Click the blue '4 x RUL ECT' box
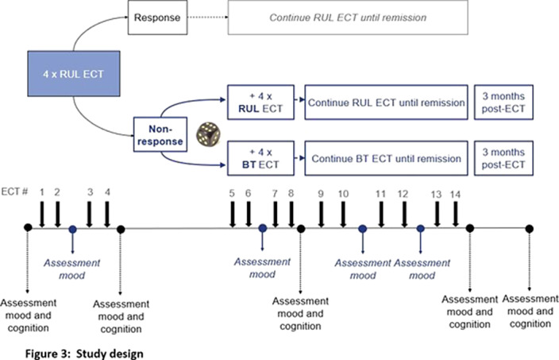pyautogui.click(x=74, y=73)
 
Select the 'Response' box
pyautogui.click(x=157, y=17)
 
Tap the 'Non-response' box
pyautogui.click(x=160, y=134)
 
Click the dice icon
pyautogui.click(x=208, y=134)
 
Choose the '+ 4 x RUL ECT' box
pyautogui.click(x=260, y=102)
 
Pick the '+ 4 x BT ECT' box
pyautogui.click(x=260, y=158)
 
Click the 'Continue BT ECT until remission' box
pyautogui.click(x=386, y=158)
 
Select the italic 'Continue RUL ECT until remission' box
pyautogui.click(x=348, y=17)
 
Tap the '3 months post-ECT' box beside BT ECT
pyautogui.click(x=503, y=158)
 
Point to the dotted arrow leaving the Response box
pyautogui.click(x=208, y=17)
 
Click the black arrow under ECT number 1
pyautogui.click(x=42, y=214)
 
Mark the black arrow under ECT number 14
pyautogui.click(x=455, y=214)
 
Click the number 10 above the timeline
pyautogui.click(x=343, y=194)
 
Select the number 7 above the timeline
pyautogui.click(x=275, y=194)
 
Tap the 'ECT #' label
pyautogui.click(x=14, y=192)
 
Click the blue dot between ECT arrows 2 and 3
pyautogui.click(x=73, y=229)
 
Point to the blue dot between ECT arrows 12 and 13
pyautogui.click(x=421, y=229)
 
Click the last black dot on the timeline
pyautogui.click(x=530, y=229)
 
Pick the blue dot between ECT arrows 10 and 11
pyautogui.click(x=363, y=229)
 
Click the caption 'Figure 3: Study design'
pyautogui.click(x=84, y=354)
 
